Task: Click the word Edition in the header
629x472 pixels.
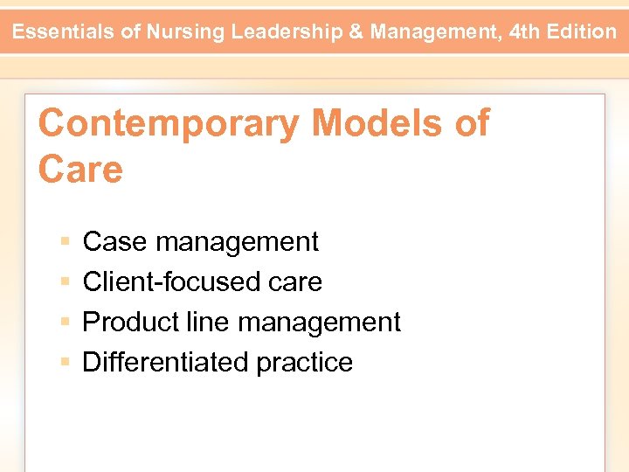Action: click(x=584, y=32)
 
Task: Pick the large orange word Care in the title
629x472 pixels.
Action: click(x=80, y=169)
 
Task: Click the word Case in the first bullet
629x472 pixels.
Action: click(x=114, y=242)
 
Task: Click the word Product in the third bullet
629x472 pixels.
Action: click(x=130, y=323)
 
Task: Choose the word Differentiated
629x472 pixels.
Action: click(x=154, y=363)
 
